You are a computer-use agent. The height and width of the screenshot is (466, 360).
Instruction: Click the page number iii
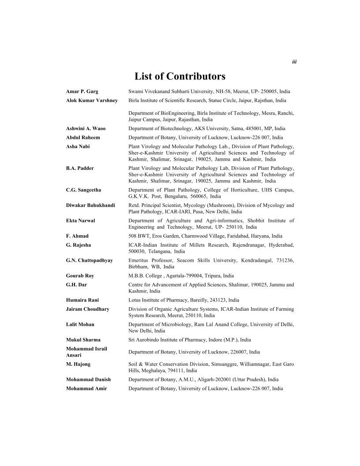click(x=294, y=62)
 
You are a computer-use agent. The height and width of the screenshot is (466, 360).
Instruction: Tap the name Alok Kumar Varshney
click(x=92, y=100)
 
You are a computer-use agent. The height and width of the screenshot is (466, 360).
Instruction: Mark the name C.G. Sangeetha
click(x=83, y=190)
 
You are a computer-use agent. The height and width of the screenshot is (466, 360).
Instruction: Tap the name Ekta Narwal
click(x=80, y=221)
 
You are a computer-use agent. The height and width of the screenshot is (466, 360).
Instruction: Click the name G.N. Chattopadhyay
click(x=89, y=260)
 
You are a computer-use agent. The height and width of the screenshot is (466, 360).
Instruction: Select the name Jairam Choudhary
click(x=87, y=309)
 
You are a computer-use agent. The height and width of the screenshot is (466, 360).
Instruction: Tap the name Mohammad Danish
click(x=88, y=380)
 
